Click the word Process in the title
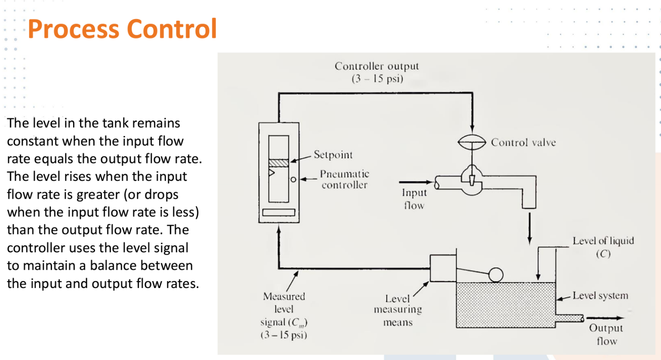pyautogui.click(x=74, y=29)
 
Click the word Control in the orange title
pyautogui.click(x=172, y=29)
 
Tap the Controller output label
pyautogui.click(x=376, y=66)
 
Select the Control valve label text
pyautogui.click(x=523, y=143)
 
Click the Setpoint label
pyautogui.click(x=333, y=155)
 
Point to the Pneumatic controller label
pyautogui.click(x=344, y=180)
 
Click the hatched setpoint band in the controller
pyautogui.click(x=279, y=163)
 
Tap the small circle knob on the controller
pyautogui.click(x=293, y=179)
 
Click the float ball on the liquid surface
pyautogui.click(x=496, y=275)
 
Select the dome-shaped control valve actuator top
pyautogui.click(x=472, y=142)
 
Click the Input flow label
pyautogui.click(x=414, y=199)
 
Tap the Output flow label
pyautogui.click(x=606, y=334)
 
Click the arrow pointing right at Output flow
pyautogui.click(x=605, y=318)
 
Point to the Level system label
pyautogui.click(x=600, y=296)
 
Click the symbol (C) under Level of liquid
pyautogui.click(x=603, y=254)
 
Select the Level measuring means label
pyautogui.click(x=397, y=310)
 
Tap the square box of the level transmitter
pyautogui.click(x=443, y=268)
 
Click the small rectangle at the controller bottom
pyautogui.click(x=279, y=212)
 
